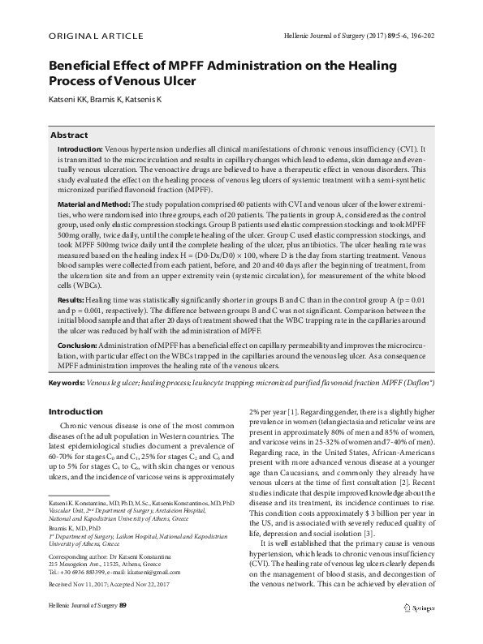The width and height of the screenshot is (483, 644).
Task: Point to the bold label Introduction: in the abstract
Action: (x=80, y=150)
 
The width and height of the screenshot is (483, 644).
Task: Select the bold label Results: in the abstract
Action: (x=71, y=277)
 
